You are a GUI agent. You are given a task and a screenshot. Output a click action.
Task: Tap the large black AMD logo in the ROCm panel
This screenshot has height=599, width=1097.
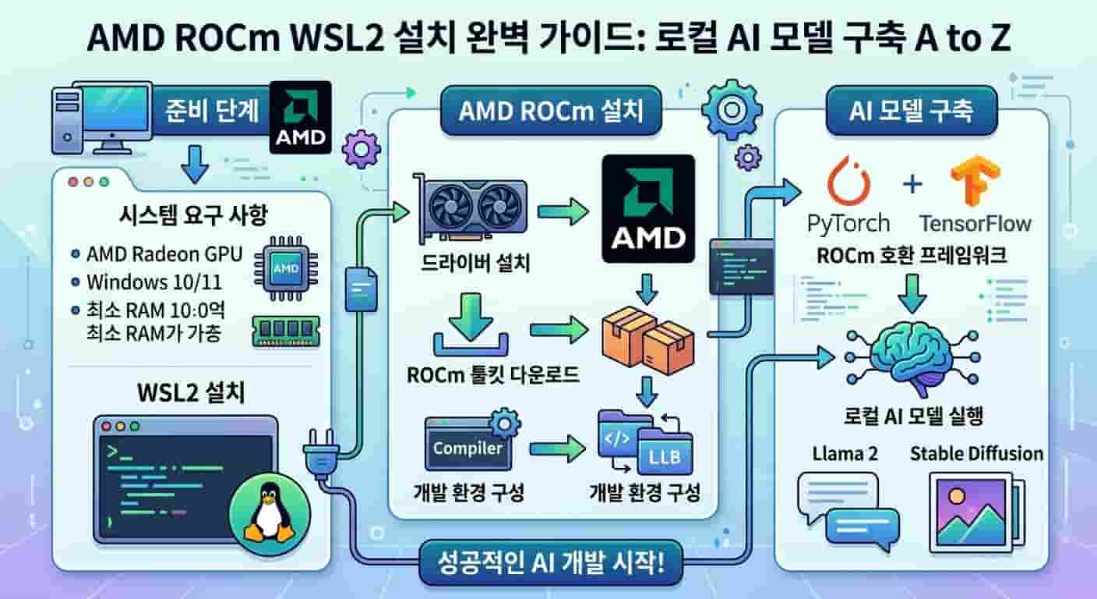(x=648, y=208)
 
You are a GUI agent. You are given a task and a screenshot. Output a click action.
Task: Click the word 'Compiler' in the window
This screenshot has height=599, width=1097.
(x=467, y=448)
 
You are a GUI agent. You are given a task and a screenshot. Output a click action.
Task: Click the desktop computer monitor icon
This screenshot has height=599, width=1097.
(x=111, y=119)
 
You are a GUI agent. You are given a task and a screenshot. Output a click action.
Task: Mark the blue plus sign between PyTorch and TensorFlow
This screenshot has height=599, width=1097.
(x=912, y=185)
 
